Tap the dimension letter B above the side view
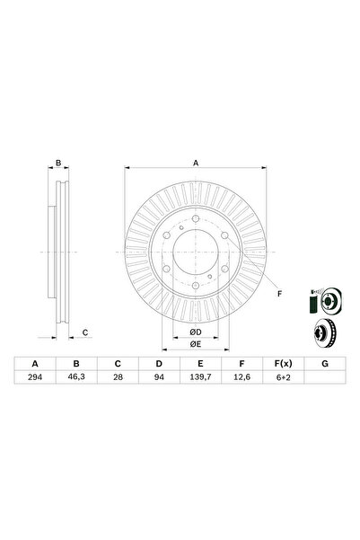point(58,164)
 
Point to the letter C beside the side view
point(85,333)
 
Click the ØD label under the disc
point(195,333)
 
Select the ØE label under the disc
point(195,346)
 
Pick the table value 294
point(36,379)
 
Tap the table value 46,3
point(76,379)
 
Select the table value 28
point(117,379)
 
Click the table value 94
point(158,379)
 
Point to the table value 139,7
point(199,379)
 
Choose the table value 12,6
point(241,379)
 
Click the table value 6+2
point(282,379)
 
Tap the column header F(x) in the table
point(282,363)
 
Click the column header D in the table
point(158,363)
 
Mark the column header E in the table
point(199,363)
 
